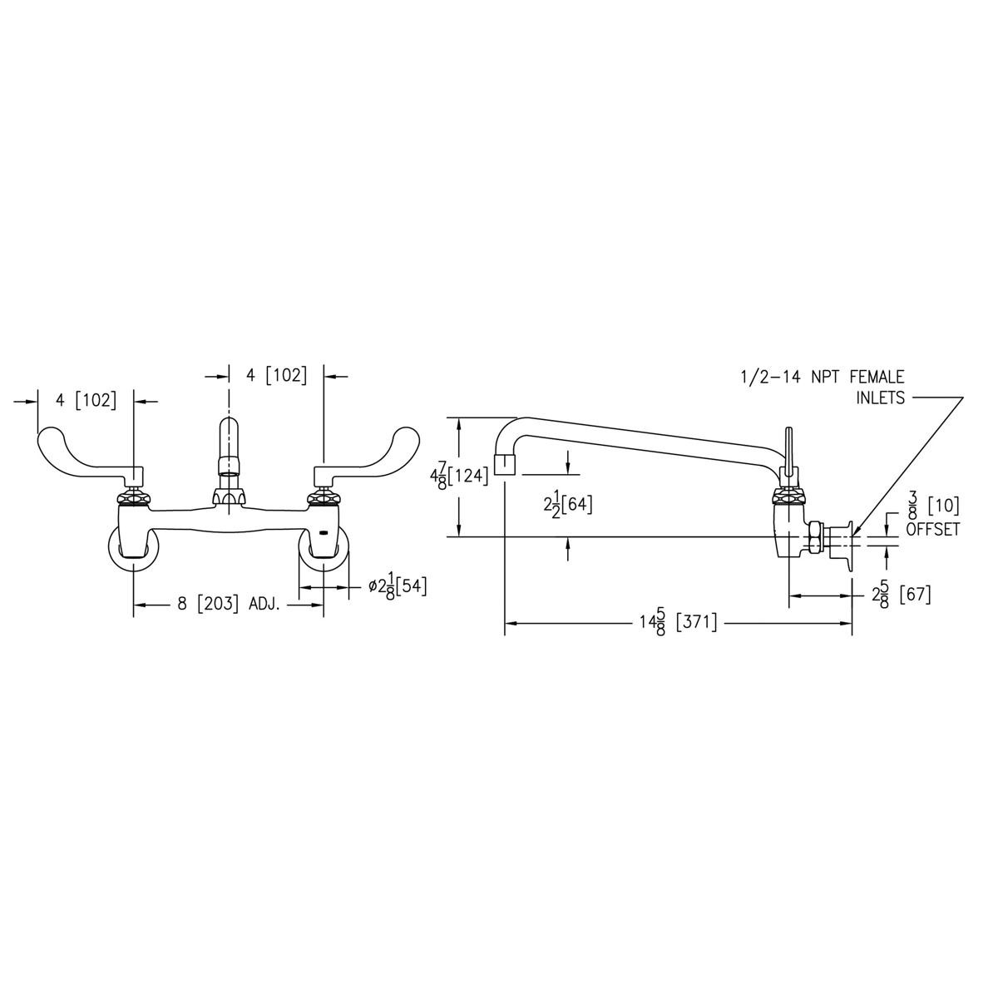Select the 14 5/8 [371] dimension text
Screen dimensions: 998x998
(x=674, y=622)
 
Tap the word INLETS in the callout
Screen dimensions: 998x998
(x=880, y=398)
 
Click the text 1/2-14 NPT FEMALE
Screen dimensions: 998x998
(x=822, y=377)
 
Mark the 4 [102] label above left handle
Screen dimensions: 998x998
(x=86, y=399)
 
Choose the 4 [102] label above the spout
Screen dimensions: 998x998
(x=276, y=375)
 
